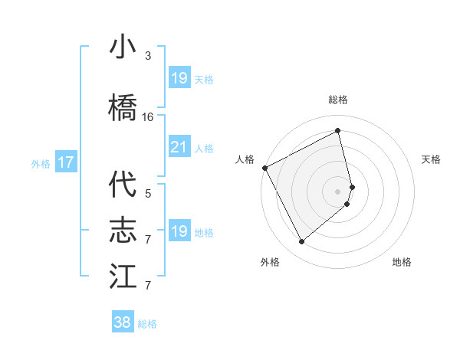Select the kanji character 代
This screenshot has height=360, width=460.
pos(123,185)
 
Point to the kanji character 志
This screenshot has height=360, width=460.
pos(123,231)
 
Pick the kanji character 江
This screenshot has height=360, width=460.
pos(123,276)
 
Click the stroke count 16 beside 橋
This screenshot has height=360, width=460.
pos(148,117)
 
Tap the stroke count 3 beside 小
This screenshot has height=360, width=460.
pos(148,56)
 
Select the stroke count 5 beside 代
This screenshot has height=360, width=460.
pos(148,194)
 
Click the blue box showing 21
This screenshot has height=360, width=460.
pos(179,147)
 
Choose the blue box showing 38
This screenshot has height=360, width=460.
pos(123,322)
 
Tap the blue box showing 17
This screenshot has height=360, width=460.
pos(65,162)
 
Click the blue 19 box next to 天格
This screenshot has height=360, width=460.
pos(179,77)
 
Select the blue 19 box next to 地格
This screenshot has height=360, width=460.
pos(179,231)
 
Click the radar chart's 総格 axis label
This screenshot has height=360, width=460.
pos(338,100)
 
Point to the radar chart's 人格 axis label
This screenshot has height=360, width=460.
pos(245,159)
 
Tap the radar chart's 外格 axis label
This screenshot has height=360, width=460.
pos(270,262)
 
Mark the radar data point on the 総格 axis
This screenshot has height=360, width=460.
pos(338,131)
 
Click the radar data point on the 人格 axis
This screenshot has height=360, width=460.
pos(264,167)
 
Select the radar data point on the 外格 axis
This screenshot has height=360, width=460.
pos(301,242)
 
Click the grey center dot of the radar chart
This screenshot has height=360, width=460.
pos(338,191)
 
